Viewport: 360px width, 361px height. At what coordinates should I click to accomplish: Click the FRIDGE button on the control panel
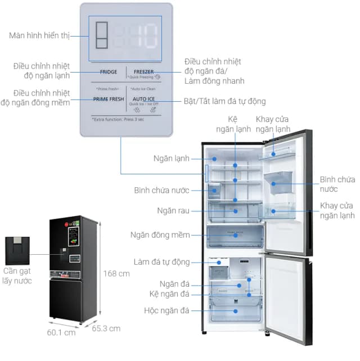109,72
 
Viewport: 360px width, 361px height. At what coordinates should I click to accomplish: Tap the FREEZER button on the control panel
143,73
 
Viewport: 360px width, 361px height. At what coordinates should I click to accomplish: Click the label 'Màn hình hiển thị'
39,35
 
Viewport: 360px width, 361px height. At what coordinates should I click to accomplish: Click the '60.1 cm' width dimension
62,332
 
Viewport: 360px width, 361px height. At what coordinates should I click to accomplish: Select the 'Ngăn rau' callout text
173,210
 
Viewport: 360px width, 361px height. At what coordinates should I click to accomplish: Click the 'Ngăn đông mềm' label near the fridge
160,235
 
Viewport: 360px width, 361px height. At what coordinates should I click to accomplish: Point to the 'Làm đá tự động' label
161,262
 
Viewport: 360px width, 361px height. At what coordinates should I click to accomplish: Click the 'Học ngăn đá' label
167,310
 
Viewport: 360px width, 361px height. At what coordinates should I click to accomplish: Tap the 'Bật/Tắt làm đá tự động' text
225,101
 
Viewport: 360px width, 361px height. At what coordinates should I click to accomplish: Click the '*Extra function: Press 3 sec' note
122,119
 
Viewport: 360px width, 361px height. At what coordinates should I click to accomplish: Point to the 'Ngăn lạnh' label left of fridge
171,159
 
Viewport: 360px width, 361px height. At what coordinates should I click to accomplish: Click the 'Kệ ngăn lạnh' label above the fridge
231,124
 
